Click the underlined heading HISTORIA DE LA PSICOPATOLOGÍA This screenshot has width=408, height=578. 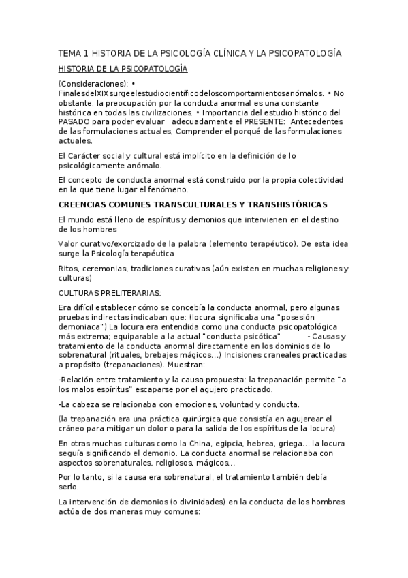tap(123, 69)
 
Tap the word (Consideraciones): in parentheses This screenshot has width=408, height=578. tap(93, 84)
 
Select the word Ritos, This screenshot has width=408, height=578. tap(70, 269)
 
